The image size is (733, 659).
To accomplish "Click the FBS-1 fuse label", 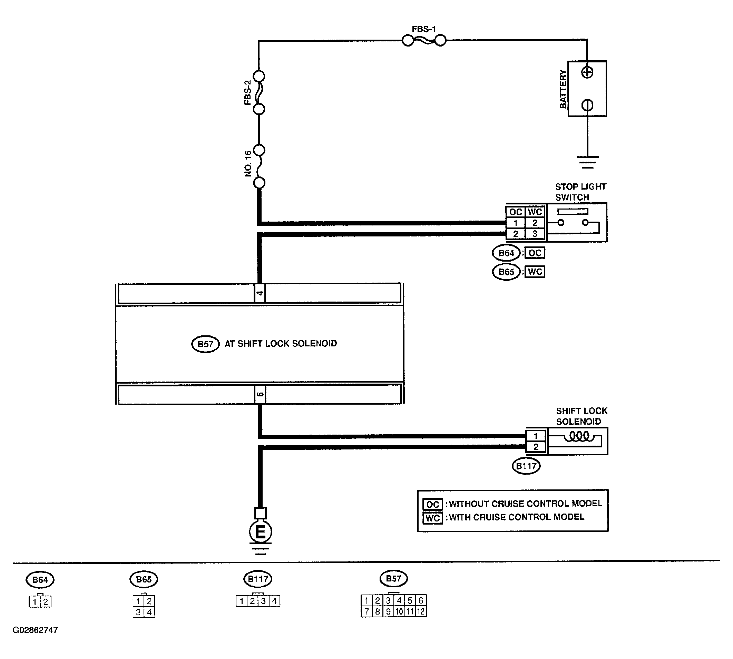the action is pos(423,29).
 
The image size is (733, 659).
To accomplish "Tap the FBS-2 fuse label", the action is pos(247,93).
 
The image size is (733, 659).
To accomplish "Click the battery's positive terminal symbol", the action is pos(587,73).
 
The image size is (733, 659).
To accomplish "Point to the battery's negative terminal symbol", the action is pos(587,105).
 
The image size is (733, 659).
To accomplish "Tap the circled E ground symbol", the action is pos(260,532).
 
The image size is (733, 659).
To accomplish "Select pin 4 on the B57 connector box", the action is pos(260,293).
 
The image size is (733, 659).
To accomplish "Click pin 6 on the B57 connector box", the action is pos(260,394).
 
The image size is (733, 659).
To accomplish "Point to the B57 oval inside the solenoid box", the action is pos(205,344).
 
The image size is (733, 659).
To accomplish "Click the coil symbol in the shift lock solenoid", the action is pos(579,437).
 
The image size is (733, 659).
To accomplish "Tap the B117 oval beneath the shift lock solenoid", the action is pos(526,466).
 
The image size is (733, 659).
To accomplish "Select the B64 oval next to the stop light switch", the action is pos(506,253).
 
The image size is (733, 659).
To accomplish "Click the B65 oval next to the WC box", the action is pos(506,272).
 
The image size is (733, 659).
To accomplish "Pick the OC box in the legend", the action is pos(432,504).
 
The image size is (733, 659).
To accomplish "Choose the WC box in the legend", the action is pos(432,518).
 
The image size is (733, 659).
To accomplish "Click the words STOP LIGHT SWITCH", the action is pos(581,192).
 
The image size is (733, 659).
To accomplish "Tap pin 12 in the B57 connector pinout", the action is pos(421,611).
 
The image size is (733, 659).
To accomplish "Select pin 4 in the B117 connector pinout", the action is pos(274,601).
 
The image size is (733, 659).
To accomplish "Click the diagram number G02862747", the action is pos(35,630).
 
